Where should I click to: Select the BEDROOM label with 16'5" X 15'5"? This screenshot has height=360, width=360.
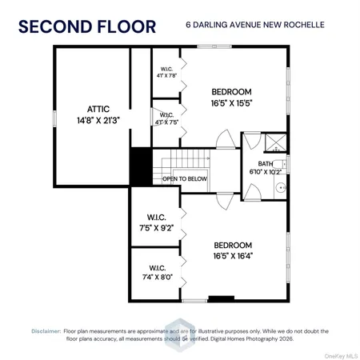(x=232, y=91)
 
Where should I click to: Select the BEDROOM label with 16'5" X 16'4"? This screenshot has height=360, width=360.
(x=232, y=245)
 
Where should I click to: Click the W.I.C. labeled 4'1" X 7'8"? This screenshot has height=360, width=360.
(x=166, y=73)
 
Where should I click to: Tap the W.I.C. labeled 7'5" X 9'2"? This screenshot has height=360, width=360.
(x=156, y=221)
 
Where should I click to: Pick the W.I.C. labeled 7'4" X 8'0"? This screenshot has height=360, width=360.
(x=156, y=272)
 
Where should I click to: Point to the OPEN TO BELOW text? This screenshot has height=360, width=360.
(x=182, y=178)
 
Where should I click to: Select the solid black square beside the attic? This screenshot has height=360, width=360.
(x=141, y=165)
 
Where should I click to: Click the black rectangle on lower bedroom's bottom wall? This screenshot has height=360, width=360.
(x=222, y=298)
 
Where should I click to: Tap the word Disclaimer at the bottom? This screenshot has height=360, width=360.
(x=46, y=330)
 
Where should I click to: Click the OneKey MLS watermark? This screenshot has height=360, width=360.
(x=341, y=353)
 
